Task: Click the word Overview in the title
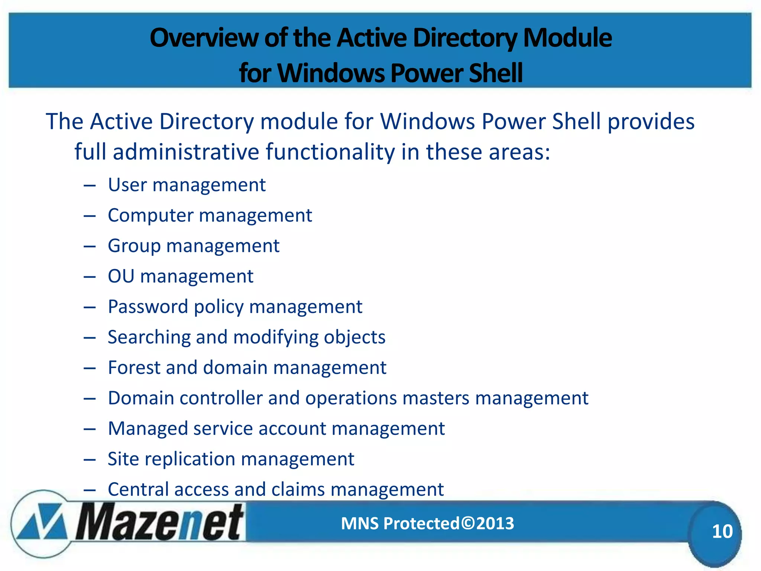pyautogui.click(x=203, y=38)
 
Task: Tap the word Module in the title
pyautogui.click(x=567, y=38)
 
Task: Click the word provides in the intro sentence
pyautogui.click(x=651, y=122)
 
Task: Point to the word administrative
pyautogui.click(x=186, y=152)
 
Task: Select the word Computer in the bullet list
pyautogui.click(x=150, y=216)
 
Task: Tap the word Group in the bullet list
pyautogui.click(x=134, y=246)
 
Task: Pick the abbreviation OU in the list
pyautogui.click(x=121, y=276)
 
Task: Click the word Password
pyautogui.click(x=148, y=307)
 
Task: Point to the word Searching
pyautogui.click(x=149, y=338)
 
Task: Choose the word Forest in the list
pyautogui.click(x=134, y=368)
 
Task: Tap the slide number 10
pyautogui.click(x=722, y=531)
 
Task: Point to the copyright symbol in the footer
pyautogui.click(x=468, y=523)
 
